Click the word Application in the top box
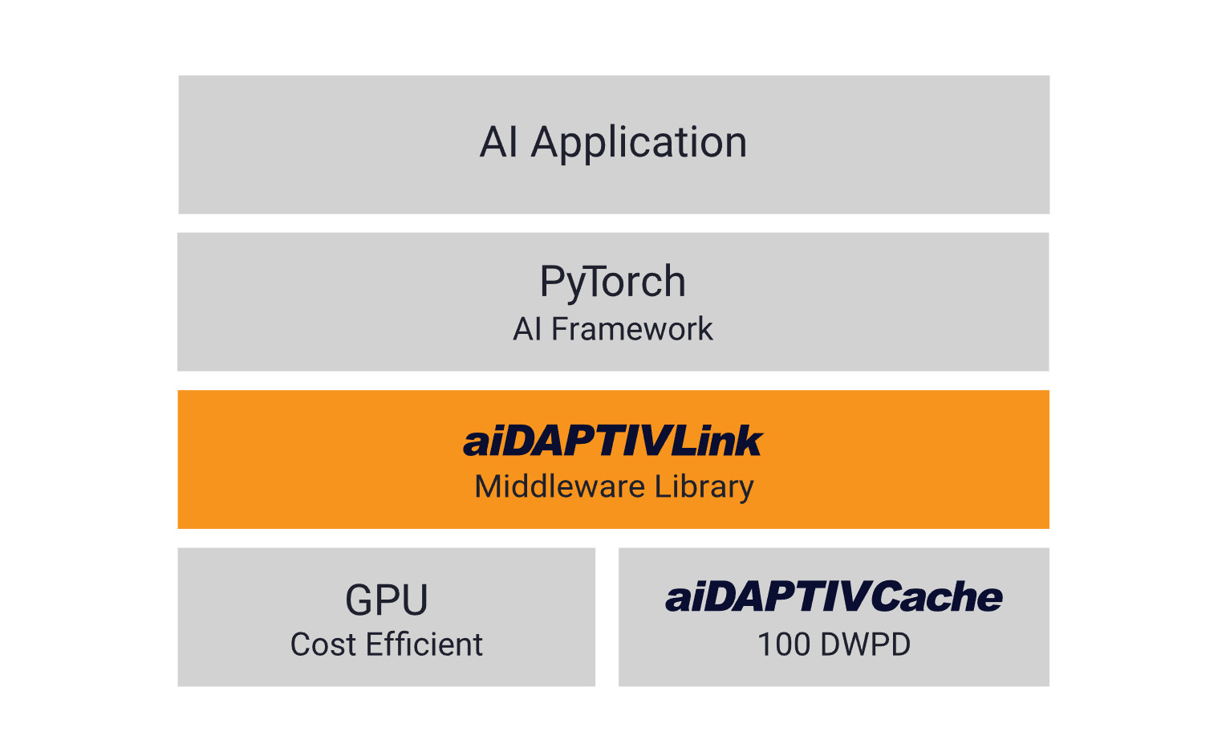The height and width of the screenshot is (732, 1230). pos(639,144)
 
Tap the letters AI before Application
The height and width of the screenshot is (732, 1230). pos(498,142)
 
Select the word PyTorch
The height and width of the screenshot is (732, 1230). pos(613,283)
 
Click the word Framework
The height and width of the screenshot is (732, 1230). pos(632,329)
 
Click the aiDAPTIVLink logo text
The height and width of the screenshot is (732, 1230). pos(613,441)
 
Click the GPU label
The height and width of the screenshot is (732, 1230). pos(387,600)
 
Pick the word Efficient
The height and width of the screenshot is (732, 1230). pos(424,645)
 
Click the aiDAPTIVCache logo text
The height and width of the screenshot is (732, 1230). pos(834,596)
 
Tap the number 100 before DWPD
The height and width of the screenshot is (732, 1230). pos(784,645)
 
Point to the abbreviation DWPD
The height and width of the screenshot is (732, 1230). pos(865,645)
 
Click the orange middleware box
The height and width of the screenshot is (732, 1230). pos(613,459)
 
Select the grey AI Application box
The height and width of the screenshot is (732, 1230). pos(614,144)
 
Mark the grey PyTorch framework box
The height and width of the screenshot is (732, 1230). pos(613,302)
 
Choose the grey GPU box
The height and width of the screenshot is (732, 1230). pos(387,616)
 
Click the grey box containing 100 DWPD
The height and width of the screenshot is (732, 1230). pos(834,616)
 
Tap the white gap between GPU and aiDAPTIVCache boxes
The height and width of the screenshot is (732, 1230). pos(607,616)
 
